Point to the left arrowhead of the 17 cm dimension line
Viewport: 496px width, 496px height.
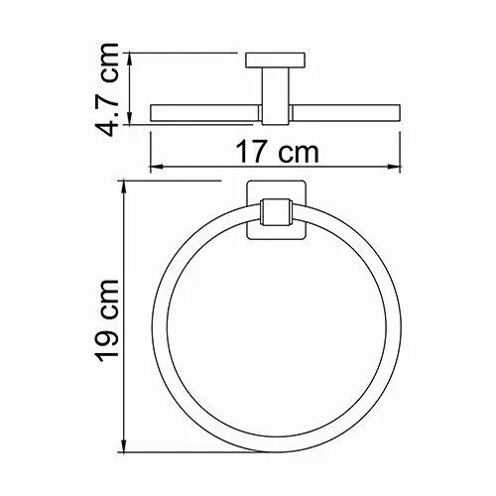tap(154, 168)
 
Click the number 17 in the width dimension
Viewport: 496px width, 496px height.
tap(249, 153)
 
